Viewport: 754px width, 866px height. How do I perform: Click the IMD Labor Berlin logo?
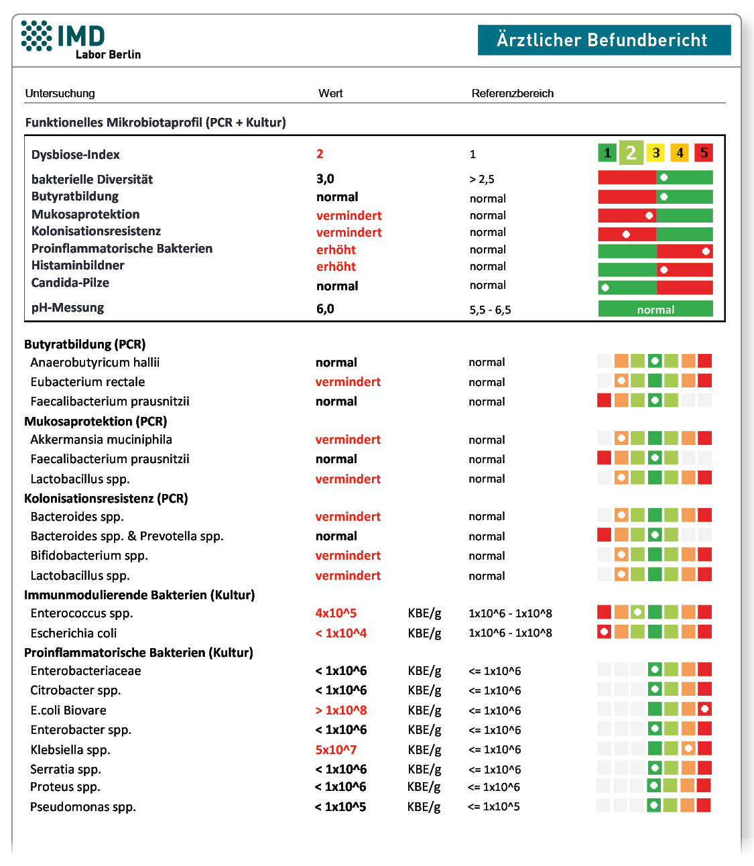[80, 40]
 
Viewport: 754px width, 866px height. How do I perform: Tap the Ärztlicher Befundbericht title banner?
[604, 40]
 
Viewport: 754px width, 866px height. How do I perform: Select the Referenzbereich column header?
[513, 93]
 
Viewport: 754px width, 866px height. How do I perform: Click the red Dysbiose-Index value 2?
[320, 153]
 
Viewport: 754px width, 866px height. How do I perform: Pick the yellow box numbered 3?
[655, 153]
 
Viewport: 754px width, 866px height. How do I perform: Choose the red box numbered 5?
[703, 153]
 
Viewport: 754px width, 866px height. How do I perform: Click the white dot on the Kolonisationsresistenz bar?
[626, 234]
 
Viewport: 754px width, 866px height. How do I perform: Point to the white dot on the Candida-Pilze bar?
[605, 288]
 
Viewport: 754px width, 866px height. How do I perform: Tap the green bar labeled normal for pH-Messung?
[655, 309]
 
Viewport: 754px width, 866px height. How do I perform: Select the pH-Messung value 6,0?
[325, 309]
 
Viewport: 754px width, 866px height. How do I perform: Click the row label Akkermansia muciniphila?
[101, 439]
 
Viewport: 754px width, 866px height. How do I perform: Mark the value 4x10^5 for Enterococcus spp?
[336, 613]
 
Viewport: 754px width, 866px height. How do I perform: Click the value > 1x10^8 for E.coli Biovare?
[341, 710]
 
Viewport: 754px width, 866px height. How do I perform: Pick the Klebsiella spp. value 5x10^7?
[336, 749]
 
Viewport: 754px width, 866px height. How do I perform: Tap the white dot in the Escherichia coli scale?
[605, 632]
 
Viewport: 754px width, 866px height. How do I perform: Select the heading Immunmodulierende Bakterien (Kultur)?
[139, 595]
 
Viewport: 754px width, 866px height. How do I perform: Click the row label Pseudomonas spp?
[83, 807]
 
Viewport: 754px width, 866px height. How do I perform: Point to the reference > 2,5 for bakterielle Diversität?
[481, 180]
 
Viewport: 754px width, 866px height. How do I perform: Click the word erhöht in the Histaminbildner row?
[336, 266]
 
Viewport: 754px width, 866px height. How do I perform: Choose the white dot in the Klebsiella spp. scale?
[688, 748]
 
